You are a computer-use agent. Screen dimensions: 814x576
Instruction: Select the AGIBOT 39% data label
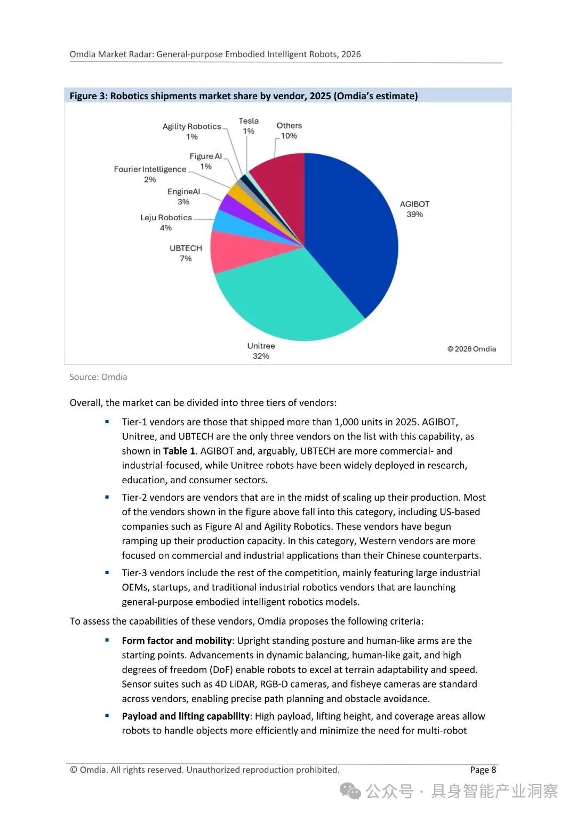tap(414, 209)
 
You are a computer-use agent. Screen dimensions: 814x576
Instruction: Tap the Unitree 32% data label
tap(261, 351)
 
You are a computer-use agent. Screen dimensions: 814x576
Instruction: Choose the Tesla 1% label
tap(249, 126)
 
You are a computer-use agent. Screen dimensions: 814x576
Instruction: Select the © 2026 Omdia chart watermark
tap(471, 349)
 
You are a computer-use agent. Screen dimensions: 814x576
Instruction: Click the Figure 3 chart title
tap(244, 96)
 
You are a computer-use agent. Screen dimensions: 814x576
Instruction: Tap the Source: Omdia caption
tap(98, 377)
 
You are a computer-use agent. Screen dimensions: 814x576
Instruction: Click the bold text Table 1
tap(179, 451)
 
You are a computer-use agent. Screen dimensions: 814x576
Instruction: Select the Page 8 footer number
tap(483, 770)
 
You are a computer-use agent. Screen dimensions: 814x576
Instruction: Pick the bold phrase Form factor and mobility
tap(177, 641)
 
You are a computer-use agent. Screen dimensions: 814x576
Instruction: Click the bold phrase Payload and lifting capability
tap(186, 716)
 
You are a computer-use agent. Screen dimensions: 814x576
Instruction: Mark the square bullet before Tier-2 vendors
tap(107, 497)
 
